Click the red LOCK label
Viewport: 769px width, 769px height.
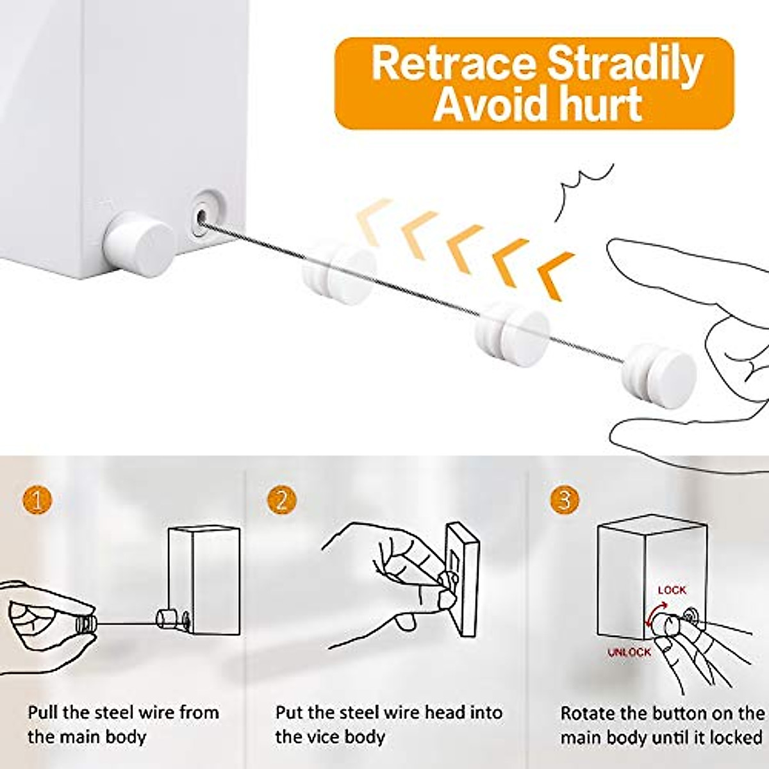pyautogui.click(x=672, y=590)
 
